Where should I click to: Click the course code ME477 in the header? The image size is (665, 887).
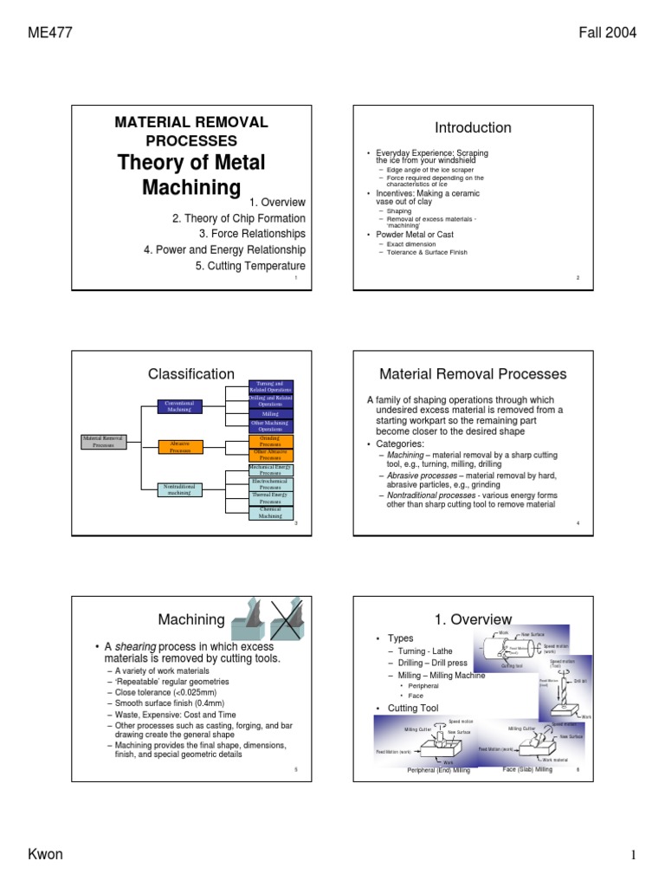point(50,34)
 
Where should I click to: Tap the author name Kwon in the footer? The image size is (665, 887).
point(45,855)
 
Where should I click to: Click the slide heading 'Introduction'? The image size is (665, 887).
point(473,127)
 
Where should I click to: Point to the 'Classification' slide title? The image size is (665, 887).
point(191,373)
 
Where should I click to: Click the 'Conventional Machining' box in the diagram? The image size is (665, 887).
point(182,407)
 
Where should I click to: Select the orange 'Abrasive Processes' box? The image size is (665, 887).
point(181,446)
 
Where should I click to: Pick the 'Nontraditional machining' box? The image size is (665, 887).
point(182,490)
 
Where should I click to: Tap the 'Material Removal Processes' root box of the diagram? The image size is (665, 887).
point(103,442)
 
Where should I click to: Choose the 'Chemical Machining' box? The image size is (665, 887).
point(271,513)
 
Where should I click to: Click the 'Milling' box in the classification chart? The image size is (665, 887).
point(271,415)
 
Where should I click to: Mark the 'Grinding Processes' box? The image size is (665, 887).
point(271,441)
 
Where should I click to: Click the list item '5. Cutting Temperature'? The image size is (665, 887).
point(250,266)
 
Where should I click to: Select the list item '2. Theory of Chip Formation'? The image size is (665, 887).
point(239,218)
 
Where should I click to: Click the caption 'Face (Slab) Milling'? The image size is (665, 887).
point(526,769)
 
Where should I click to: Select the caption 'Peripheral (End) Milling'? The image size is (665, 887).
point(438,770)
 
